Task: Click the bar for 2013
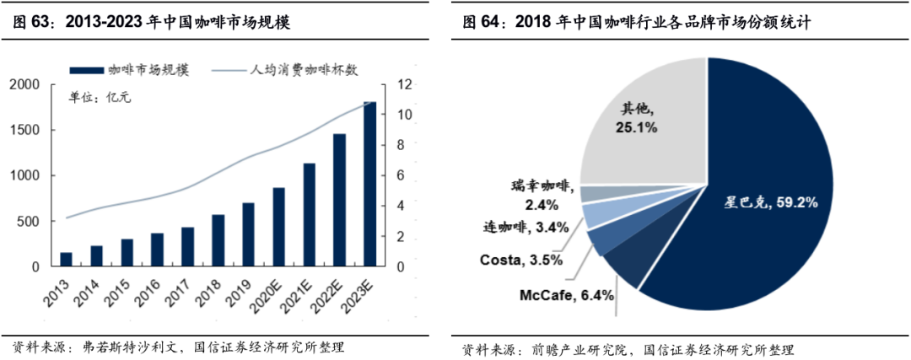pyautogui.click(x=66, y=260)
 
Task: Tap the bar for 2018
pyautogui.click(x=218, y=240)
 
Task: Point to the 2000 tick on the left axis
pyautogui.click(x=24, y=84)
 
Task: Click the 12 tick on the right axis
pyautogui.click(x=405, y=84)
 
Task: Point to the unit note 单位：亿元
pyautogui.click(x=100, y=98)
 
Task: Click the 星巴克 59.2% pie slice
pyautogui.click(x=759, y=194)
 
